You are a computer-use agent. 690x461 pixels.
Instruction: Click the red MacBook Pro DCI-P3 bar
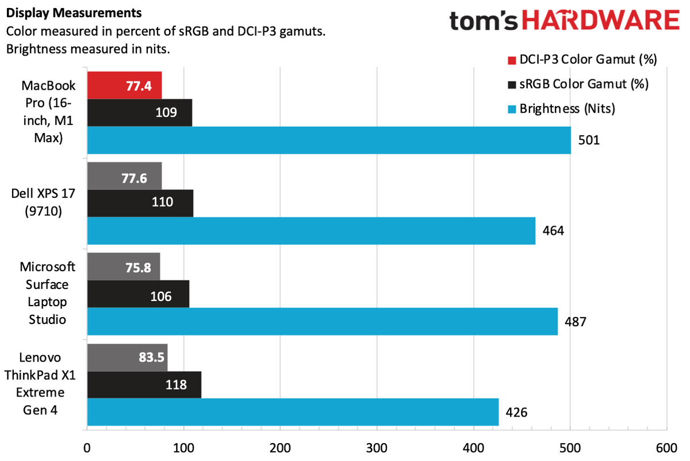pos(124,85)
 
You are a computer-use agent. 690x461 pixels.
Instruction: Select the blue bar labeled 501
pos(328,140)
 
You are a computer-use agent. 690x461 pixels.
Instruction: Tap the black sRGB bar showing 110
pos(140,203)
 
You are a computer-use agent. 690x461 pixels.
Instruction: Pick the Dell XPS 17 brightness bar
pos(311,231)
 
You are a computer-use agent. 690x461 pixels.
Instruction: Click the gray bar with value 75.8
pos(123,266)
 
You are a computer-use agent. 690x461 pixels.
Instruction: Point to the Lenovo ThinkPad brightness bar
pos(293,412)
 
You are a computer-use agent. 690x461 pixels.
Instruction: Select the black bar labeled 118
pos(144,384)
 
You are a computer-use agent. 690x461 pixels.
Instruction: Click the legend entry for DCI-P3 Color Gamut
pos(581,59)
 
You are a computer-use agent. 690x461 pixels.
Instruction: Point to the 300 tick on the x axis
pos(377,447)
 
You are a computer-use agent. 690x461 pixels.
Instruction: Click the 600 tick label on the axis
pos(666,447)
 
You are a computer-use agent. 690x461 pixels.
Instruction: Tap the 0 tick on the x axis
pos(87,447)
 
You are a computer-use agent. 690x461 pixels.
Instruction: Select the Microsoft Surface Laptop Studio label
pos(44,293)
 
